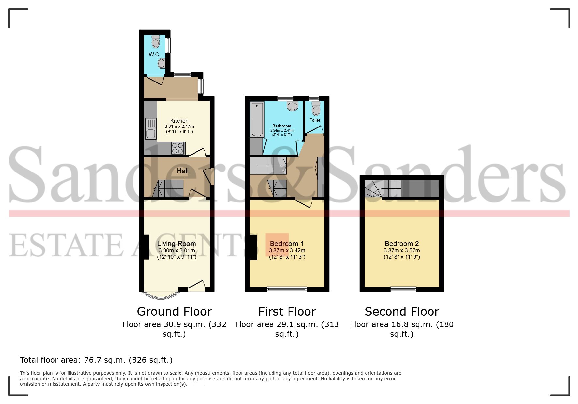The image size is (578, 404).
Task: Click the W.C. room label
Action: pyautogui.click(x=155, y=55)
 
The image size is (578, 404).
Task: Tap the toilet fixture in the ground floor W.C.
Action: pyautogui.click(x=156, y=41)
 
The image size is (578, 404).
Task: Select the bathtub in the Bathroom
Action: pyautogui.click(x=257, y=119)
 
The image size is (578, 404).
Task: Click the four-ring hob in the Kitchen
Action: pyautogui.click(x=178, y=148)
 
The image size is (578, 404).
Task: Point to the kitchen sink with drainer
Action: pyautogui.click(x=151, y=129)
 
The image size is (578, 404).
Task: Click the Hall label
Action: pyautogui.click(x=183, y=171)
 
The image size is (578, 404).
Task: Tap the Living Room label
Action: pyautogui.click(x=177, y=244)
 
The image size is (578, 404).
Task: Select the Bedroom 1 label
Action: pyautogui.click(x=287, y=244)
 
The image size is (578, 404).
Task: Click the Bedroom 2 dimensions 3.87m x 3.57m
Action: pyautogui.click(x=402, y=251)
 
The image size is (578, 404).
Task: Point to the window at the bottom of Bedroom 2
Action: pyautogui.click(x=404, y=289)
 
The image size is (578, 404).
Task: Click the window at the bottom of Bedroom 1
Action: pyautogui.click(x=287, y=289)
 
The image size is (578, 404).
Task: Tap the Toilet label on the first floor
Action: pyautogui.click(x=315, y=120)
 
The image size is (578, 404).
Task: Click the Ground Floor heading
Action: pyautogui.click(x=174, y=312)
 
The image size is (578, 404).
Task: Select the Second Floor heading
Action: pyautogui.click(x=402, y=312)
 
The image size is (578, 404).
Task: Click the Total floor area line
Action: pyautogui.click(x=96, y=360)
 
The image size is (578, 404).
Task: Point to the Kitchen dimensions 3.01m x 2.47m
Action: pyautogui.click(x=179, y=127)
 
